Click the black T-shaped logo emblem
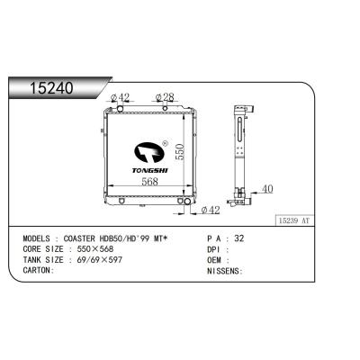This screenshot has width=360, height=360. click(150, 152)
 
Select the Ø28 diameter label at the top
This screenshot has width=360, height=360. click(165, 97)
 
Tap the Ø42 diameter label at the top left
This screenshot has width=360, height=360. click(120, 97)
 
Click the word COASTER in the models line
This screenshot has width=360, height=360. click(86, 239)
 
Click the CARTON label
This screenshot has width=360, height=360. click(37, 269)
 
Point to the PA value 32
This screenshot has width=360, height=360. click(238, 239)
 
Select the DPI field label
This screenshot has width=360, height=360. click(214, 249)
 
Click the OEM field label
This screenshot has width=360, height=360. click(214, 259)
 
